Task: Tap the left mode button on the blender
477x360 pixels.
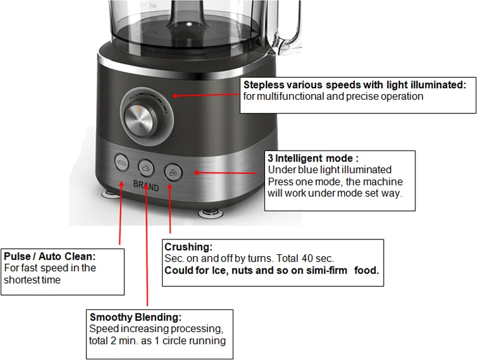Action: pyautogui.click(x=121, y=163)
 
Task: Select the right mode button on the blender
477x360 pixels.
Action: pyautogui.click(x=173, y=172)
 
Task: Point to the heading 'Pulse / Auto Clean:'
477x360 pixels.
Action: pyautogui.click(x=49, y=256)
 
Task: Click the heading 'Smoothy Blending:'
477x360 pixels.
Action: pyautogui.click(x=135, y=317)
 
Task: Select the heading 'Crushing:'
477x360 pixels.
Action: pyautogui.click(x=188, y=247)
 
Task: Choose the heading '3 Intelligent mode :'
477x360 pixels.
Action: pyautogui.click(x=313, y=158)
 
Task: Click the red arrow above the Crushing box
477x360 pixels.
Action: pyautogui.click(x=170, y=208)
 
